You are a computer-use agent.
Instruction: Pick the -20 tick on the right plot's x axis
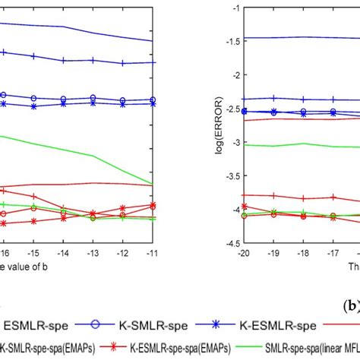tap(244, 251)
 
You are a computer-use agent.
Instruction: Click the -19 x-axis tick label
tap(273, 251)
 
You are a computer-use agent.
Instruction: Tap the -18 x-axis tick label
tap(303, 251)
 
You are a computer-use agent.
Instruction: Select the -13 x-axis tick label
tap(93, 251)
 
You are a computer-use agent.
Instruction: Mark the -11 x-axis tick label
tap(153, 251)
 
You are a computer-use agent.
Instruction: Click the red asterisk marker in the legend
tap(114, 349)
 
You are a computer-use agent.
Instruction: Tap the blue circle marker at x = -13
tap(93, 98)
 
